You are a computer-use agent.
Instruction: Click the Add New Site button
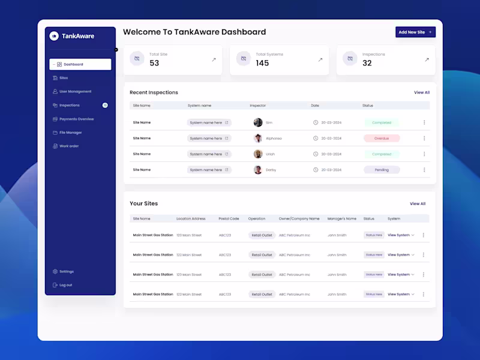415,32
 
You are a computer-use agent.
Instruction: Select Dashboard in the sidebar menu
73,64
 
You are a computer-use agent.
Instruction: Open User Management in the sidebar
75,92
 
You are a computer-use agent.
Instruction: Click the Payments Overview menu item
76,119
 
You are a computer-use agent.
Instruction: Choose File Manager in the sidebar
70,133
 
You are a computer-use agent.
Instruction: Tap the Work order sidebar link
68,146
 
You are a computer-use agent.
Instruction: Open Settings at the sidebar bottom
66,272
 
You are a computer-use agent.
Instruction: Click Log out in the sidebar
65,285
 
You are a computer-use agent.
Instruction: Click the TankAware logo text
78,36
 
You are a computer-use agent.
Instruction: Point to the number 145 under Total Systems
262,63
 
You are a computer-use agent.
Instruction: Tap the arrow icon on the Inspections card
427,59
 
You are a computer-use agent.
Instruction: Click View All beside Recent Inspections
422,92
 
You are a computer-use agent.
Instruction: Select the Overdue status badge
382,138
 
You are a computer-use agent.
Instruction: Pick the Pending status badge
382,170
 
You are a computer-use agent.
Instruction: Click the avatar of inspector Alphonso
258,138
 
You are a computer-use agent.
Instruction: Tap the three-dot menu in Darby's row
424,170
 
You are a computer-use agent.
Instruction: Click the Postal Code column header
229,218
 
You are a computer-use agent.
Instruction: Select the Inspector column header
258,106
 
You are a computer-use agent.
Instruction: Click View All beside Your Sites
418,203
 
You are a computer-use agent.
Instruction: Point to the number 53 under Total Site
154,63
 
